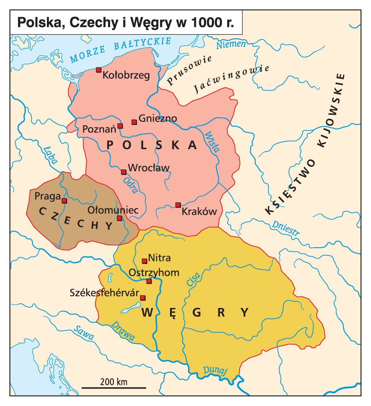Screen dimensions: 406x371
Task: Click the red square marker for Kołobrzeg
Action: click(98, 70)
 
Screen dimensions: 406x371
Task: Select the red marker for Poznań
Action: click(120, 126)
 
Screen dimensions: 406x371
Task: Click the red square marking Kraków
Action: click(178, 205)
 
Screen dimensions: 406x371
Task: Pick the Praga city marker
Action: click(64, 201)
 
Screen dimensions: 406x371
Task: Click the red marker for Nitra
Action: click(144, 261)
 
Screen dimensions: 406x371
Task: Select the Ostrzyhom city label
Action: click(154, 272)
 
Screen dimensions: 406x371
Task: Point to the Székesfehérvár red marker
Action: click(142, 298)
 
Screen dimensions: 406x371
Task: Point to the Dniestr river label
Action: click(286, 228)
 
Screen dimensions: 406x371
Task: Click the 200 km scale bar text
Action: click(113, 382)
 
